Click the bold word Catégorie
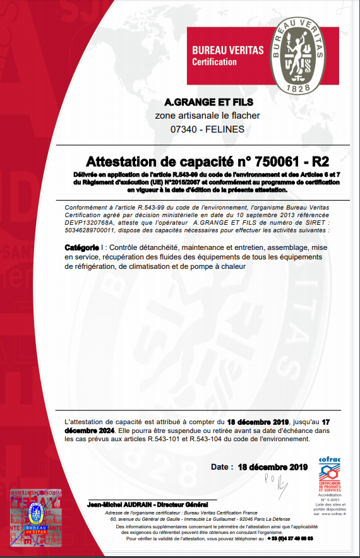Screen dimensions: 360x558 (81, 249)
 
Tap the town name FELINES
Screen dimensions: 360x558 (225, 129)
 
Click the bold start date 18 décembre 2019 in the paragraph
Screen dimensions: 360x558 (258, 421)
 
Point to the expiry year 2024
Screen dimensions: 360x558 (102, 430)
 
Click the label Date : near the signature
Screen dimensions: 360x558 (222, 467)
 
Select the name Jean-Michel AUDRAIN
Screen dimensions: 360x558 (117, 505)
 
